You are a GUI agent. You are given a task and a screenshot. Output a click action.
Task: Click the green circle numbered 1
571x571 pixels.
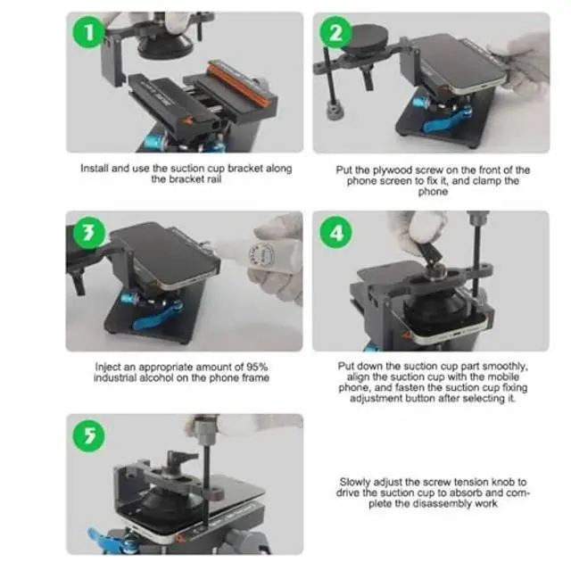(88, 32)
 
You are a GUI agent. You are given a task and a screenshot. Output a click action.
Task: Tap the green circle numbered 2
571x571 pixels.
(335, 32)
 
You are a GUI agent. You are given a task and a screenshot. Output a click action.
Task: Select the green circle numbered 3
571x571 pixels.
(89, 232)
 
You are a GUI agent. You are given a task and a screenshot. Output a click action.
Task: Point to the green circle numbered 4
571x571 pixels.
(335, 232)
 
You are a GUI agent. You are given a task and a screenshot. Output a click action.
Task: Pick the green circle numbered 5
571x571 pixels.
(89, 435)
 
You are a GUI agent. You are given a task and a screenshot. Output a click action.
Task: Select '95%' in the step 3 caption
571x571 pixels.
(257, 367)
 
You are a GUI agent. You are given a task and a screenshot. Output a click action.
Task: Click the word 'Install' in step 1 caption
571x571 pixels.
(95, 169)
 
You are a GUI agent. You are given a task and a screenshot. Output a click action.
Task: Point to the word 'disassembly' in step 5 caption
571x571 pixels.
(440, 503)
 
